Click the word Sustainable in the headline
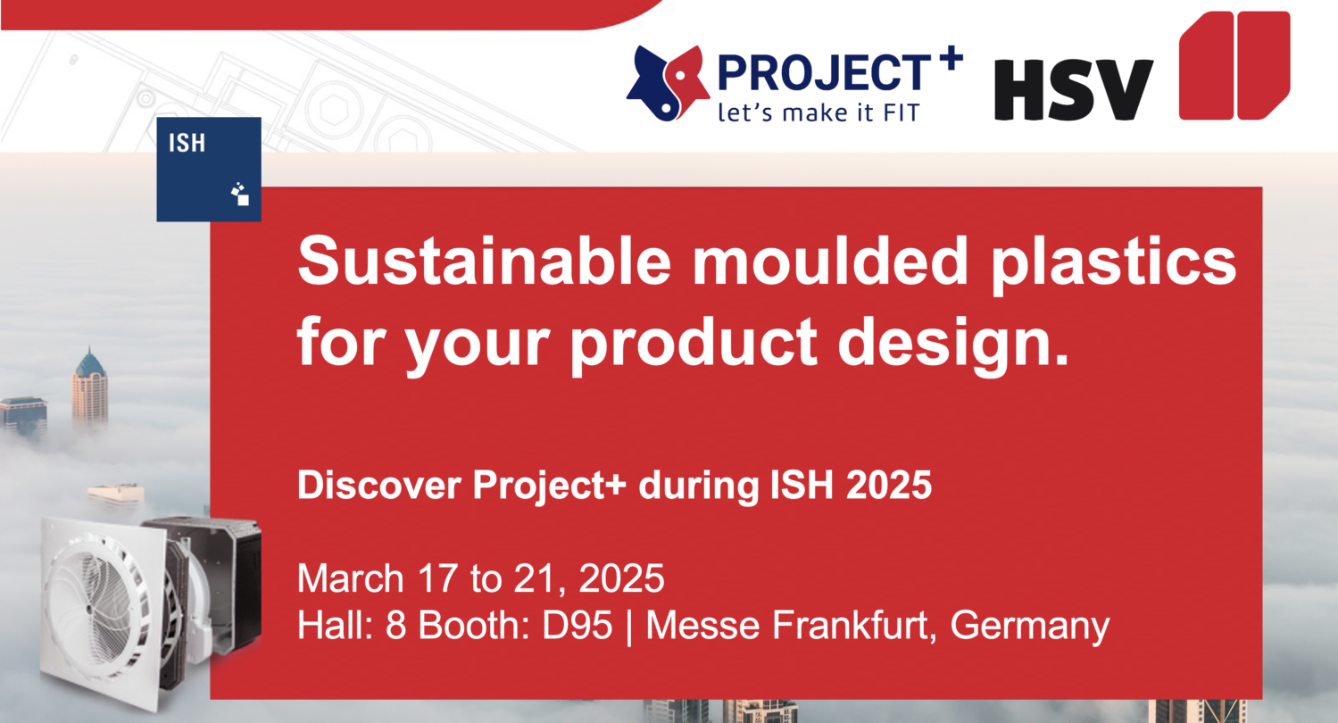pyautogui.click(x=485, y=262)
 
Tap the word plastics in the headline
pyautogui.click(x=1113, y=265)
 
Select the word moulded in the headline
pyautogui.click(x=830, y=261)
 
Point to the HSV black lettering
pyautogui.click(x=1074, y=89)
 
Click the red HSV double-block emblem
pyautogui.click(x=1234, y=65)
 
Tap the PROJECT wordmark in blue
pyautogui.click(x=824, y=72)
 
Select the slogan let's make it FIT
pyautogui.click(x=819, y=112)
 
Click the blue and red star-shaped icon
pyautogui.click(x=668, y=82)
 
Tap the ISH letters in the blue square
pyautogui.click(x=187, y=144)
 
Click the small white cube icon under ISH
pyautogui.click(x=240, y=195)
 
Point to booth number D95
pyautogui.click(x=577, y=626)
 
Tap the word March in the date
pyautogui.click(x=351, y=578)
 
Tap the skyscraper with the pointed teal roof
pyautogui.click(x=89, y=387)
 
